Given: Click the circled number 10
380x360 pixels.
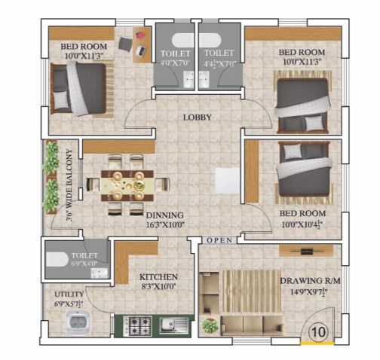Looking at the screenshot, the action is pyautogui.click(x=318, y=331).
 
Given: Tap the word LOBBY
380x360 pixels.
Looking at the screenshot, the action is pyautogui.click(x=198, y=117).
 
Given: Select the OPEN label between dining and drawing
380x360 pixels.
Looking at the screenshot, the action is pyautogui.click(x=219, y=240).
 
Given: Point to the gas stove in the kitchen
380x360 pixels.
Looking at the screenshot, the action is pyautogui.click(x=137, y=325).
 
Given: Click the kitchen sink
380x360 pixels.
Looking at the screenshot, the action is pyautogui.click(x=173, y=325).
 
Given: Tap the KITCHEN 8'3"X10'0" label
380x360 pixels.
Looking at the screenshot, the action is pyautogui.click(x=158, y=282).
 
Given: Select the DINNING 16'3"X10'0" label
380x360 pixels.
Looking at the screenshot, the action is pyautogui.click(x=165, y=220).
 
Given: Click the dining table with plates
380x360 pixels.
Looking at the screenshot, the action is pyautogui.click(x=127, y=185).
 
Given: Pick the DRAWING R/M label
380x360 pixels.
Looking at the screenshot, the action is pyautogui.click(x=311, y=281).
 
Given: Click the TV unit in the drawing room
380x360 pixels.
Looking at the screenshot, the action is pyautogui.click(x=306, y=251).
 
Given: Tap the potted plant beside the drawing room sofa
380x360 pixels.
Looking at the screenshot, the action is pyautogui.click(x=210, y=325).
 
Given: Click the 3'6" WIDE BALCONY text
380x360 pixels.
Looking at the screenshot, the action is pyautogui.click(x=69, y=185).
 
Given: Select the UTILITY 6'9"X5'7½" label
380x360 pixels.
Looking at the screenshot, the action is pyautogui.click(x=69, y=299).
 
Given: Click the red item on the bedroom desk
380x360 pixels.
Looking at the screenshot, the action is pyautogui.click(x=140, y=35).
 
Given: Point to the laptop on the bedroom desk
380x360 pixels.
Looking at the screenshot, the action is pyautogui.click(x=141, y=51).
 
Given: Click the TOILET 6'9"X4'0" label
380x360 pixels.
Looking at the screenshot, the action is pyautogui.click(x=84, y=259).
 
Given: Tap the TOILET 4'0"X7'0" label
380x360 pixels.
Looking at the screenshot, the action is pyautogui.click(x=175, y=58).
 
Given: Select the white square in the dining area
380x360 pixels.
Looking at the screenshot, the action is pyautogui.click(x=228, y=181).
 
